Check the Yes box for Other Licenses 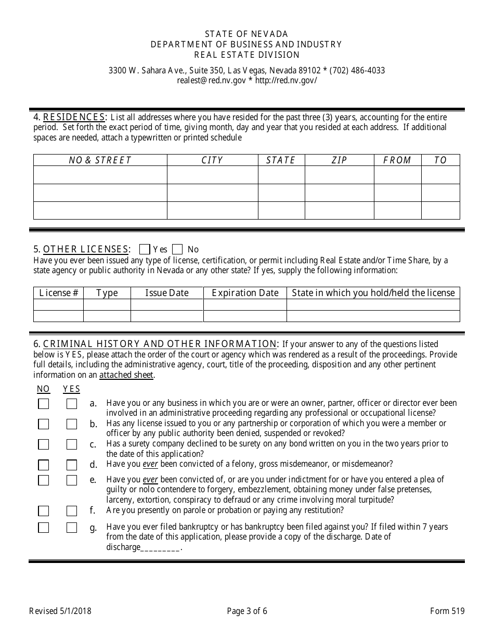[146, 249]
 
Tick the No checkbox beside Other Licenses [177, 249]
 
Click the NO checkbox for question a [44, 404]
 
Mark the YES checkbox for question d [72, 465]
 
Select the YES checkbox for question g [72, 528]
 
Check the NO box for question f [44, 511]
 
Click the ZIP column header [339, 160]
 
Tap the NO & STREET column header [100, 160]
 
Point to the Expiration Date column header [245, 293]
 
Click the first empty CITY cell [212, 175]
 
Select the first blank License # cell [58, 304]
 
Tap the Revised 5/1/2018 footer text [60, 611]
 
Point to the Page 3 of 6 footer [247, 611]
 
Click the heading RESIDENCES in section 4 [74, 117]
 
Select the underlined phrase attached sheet [126, 375]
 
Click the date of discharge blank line [160, 547]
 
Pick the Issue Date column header [166, 293]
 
